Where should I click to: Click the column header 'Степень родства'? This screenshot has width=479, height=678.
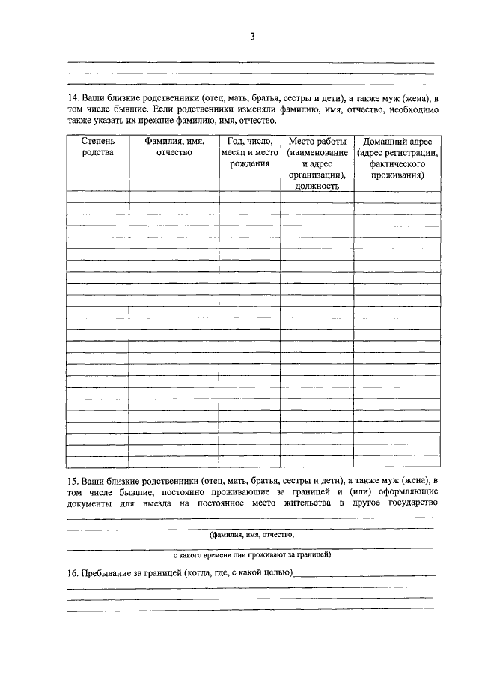(97, 147)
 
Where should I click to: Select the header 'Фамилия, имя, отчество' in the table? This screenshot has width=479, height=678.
(174, 147)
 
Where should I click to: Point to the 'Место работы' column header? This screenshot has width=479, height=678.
(317, 142)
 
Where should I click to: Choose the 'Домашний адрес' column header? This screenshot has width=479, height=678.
(397, 142)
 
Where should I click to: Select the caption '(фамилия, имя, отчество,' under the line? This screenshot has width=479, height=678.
(251, 536)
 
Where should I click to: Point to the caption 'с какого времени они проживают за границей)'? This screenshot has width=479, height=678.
(251, 556)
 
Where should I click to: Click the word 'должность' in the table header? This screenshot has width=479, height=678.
(317, 186)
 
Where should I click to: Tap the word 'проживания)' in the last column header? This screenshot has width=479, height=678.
(397, 175)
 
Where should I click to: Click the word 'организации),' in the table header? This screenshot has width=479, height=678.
(317, 175)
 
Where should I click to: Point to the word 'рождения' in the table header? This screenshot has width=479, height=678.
(250, 163)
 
